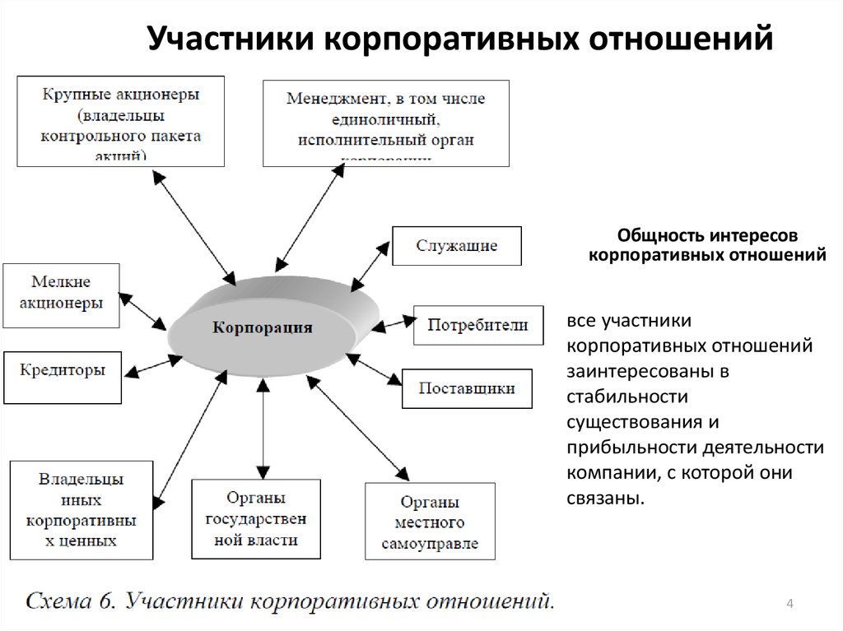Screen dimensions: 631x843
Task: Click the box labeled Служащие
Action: point(456,245)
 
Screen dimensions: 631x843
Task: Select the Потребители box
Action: point(477,325)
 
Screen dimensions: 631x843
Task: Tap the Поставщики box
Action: point(467,388)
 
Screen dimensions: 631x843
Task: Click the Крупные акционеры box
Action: point(120,121)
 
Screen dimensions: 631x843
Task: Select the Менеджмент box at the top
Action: point(385,123)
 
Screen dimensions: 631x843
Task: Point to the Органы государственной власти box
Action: point(256,518)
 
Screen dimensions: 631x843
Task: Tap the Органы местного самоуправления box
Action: point(430,521)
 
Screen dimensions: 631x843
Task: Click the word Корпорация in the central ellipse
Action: point(263,327)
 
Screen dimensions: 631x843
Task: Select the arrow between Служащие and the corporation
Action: point(370,264)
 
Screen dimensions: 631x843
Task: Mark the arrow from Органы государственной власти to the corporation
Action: point(263,428)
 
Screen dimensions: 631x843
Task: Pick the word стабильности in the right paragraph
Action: point(626,397)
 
